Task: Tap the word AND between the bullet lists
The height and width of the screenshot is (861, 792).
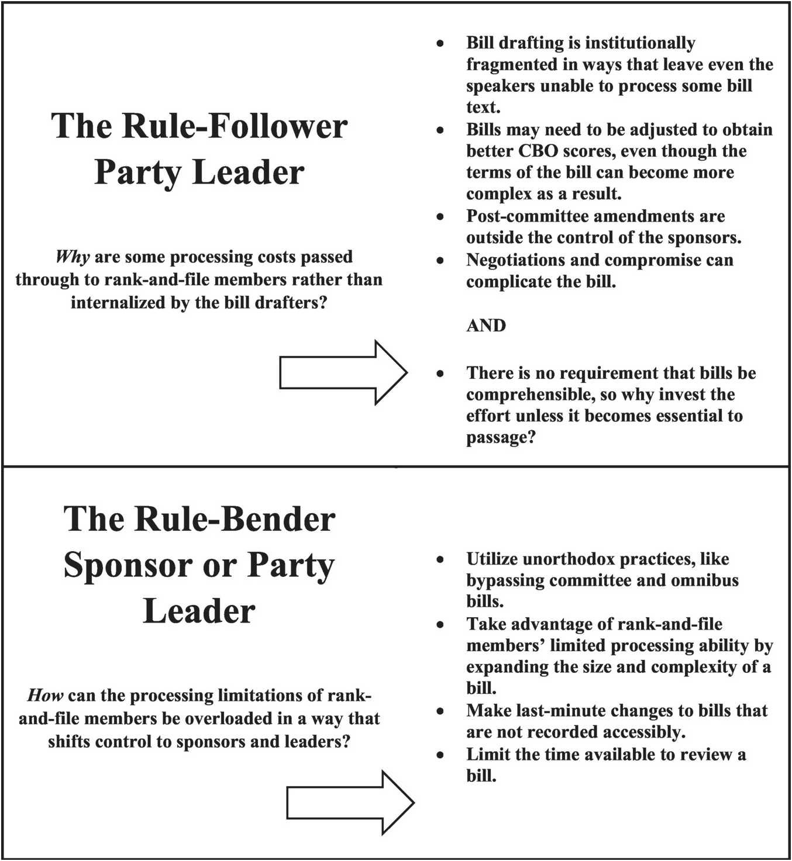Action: click(x=485, y=326)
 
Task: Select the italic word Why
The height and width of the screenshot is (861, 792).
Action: click(x=72, y=257)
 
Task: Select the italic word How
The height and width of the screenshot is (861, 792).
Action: click(x=45, y=696)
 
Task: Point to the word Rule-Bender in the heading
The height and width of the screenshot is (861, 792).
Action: click(x=235, y=519)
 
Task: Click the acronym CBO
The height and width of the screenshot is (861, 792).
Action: click(x=538, y=151)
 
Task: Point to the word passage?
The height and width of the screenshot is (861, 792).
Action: click(x=501, y=437)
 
